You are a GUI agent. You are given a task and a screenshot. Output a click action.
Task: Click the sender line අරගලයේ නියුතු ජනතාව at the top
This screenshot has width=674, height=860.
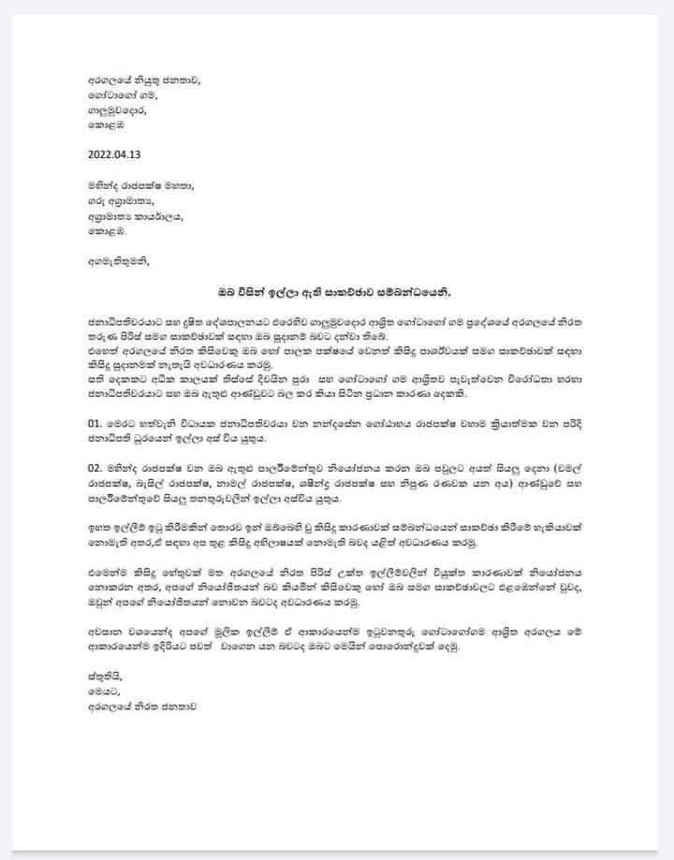(x=140, y=80)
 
